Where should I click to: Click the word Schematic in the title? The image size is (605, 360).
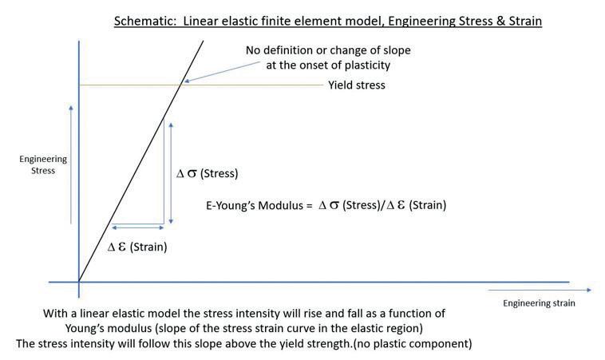140,21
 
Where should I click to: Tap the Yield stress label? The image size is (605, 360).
356,85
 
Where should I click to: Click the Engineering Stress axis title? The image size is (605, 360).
43,164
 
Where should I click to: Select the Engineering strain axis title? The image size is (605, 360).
539,303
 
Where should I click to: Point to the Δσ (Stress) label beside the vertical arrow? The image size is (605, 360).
208,173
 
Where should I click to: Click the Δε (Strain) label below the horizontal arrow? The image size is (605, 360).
137,247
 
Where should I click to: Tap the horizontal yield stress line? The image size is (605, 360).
255,84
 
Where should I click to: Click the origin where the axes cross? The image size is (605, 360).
79,282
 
